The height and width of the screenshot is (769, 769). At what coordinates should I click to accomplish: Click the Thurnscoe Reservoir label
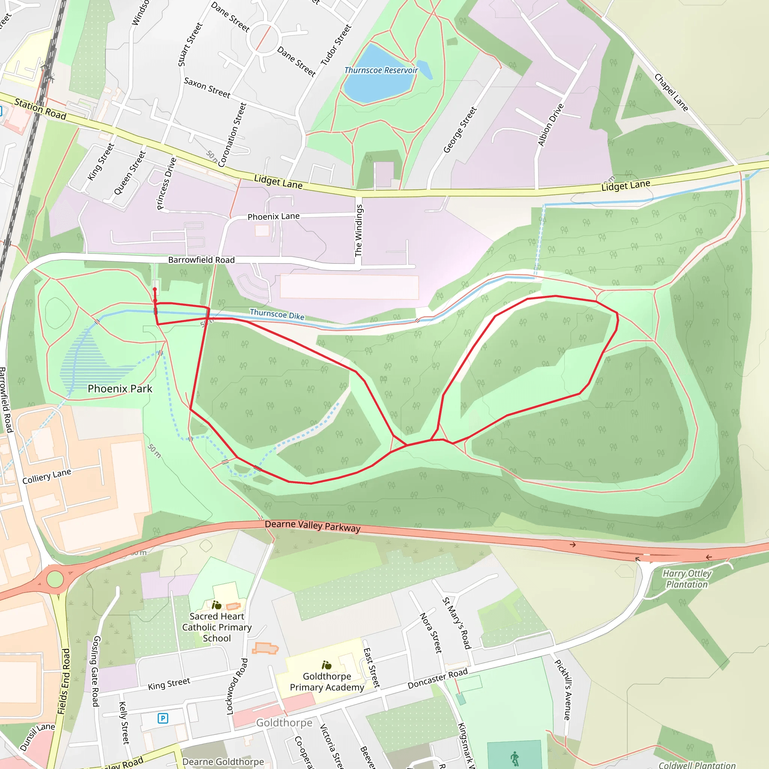381,71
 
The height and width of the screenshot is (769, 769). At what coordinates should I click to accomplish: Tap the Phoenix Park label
120,389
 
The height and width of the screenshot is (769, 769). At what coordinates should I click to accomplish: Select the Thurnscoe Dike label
277,314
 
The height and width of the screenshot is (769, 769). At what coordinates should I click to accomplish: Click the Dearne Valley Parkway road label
312,525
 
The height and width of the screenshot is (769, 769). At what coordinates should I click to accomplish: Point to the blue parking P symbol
163,718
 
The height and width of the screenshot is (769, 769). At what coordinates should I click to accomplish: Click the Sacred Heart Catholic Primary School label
217,627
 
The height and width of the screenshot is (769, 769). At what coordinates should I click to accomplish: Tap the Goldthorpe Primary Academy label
327,682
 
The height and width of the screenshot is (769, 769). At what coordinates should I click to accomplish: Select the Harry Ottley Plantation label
687,579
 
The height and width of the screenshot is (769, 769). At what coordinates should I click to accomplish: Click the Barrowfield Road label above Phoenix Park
201,260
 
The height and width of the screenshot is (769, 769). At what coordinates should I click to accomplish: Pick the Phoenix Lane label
273,217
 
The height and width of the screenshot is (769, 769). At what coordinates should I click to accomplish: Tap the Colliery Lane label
47,476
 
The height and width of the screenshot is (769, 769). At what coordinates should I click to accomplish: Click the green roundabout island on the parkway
55,579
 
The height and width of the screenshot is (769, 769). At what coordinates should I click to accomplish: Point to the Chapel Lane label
671,92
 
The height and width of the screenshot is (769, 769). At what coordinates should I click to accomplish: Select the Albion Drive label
551,125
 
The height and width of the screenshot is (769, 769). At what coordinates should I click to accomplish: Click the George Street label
460,130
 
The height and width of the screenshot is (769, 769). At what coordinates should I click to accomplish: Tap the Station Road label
40,109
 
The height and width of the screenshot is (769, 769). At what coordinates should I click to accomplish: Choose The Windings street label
359,231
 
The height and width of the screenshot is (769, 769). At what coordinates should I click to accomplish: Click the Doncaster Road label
437,679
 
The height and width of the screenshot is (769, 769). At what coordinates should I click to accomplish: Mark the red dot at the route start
155,290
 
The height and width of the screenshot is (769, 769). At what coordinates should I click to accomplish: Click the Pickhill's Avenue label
563,690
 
